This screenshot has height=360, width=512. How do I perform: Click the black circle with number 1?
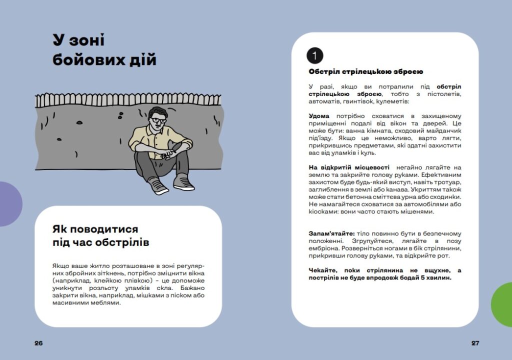(x=314, y=55)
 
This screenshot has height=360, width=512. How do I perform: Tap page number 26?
(x=38, y=343)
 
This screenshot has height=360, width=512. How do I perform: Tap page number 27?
(x=475, y=343)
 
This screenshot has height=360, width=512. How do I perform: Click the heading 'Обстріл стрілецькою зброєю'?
(x=366, y=72)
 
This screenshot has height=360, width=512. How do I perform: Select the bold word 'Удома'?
(x=319, y=116)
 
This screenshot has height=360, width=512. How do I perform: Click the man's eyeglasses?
(x=159, y=120)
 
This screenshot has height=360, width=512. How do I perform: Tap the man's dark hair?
(x=159, y=111)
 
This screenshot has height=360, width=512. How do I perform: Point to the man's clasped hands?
(x=172, y=148)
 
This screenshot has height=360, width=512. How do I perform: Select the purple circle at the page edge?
(x=9, y=204)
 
